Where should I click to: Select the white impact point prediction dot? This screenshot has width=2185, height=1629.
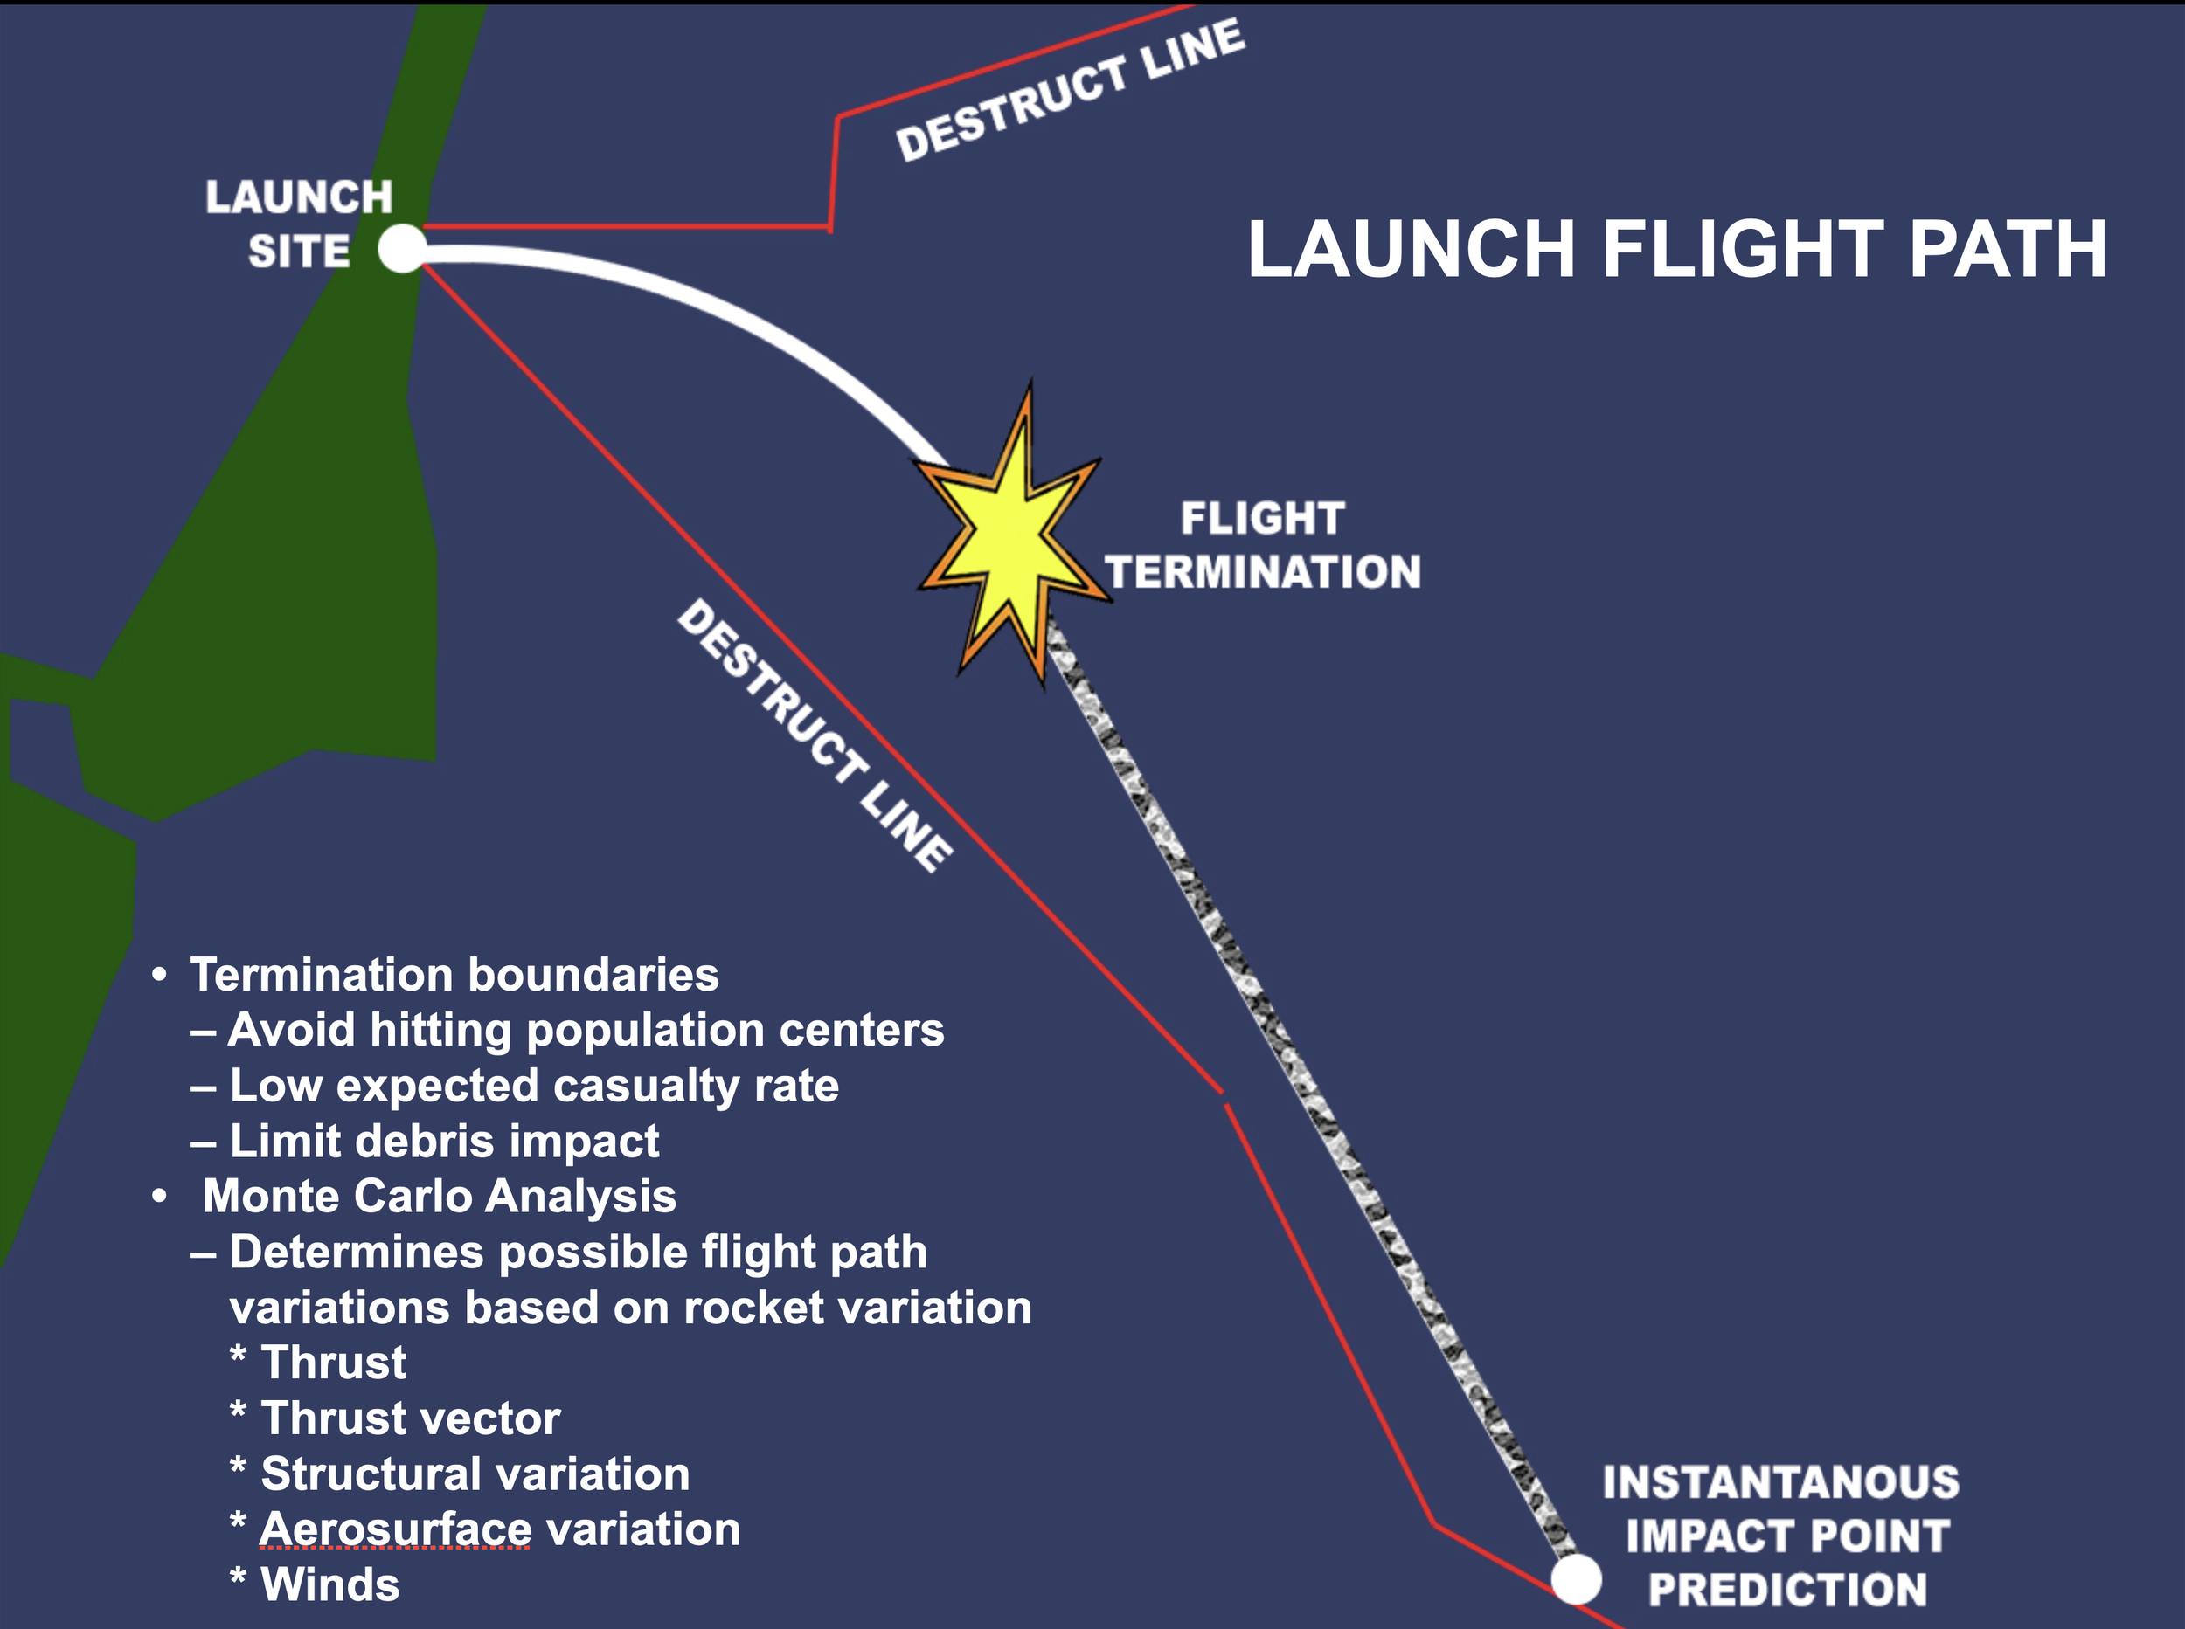[x=1575, y=1580]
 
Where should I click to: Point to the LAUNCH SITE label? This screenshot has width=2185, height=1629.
[x=299, y=224]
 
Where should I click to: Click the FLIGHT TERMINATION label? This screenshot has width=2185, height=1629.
[x=1263, y=545]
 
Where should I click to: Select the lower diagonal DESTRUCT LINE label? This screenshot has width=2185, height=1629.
[x=815, y=735]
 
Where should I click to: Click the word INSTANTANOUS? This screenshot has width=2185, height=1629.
[x=1780, y=1482]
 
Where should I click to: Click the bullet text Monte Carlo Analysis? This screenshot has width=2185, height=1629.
[x=439, y=1196]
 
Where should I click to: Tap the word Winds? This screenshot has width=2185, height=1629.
[x=330, y=1584]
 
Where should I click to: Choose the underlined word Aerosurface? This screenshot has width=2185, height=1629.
[x=394, y=1529]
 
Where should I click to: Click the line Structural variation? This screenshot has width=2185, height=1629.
[x=475, y=1474]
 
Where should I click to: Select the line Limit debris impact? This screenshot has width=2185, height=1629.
[x=444, y=1141]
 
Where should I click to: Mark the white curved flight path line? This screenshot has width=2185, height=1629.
[x=690, y=296]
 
